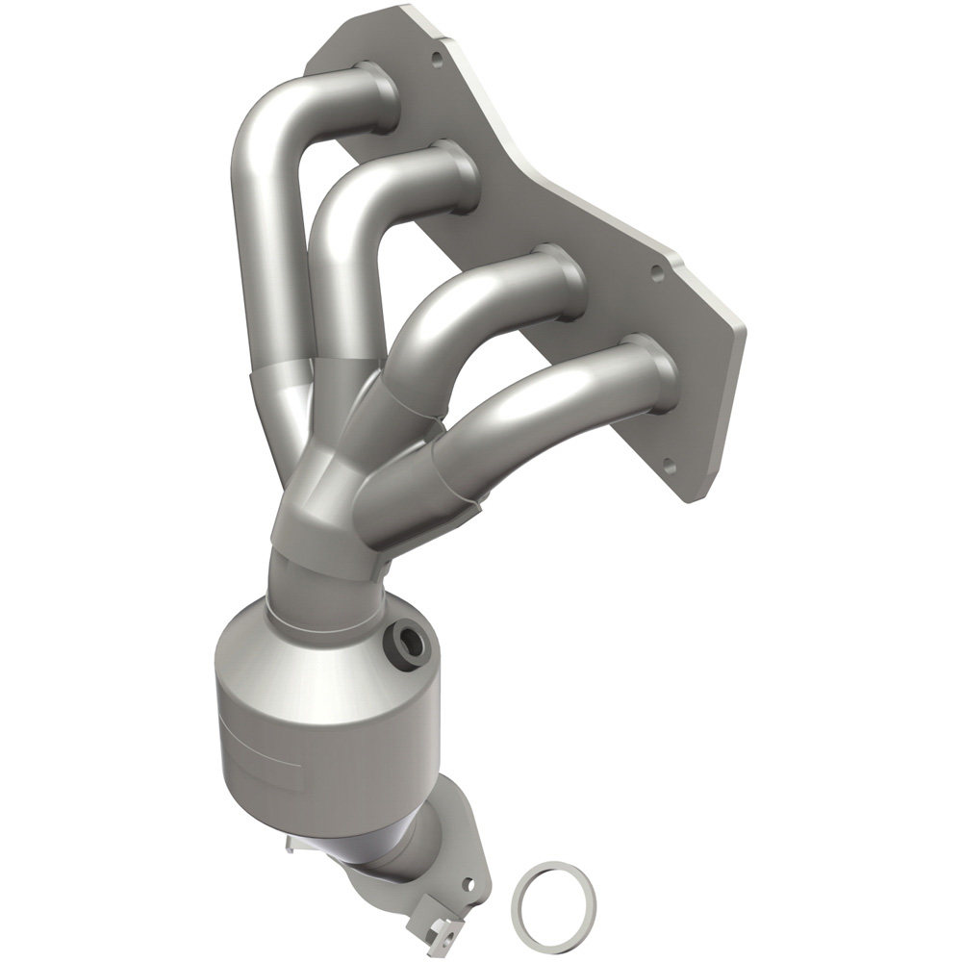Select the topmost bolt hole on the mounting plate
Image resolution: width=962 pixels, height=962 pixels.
[x=438, y=57]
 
